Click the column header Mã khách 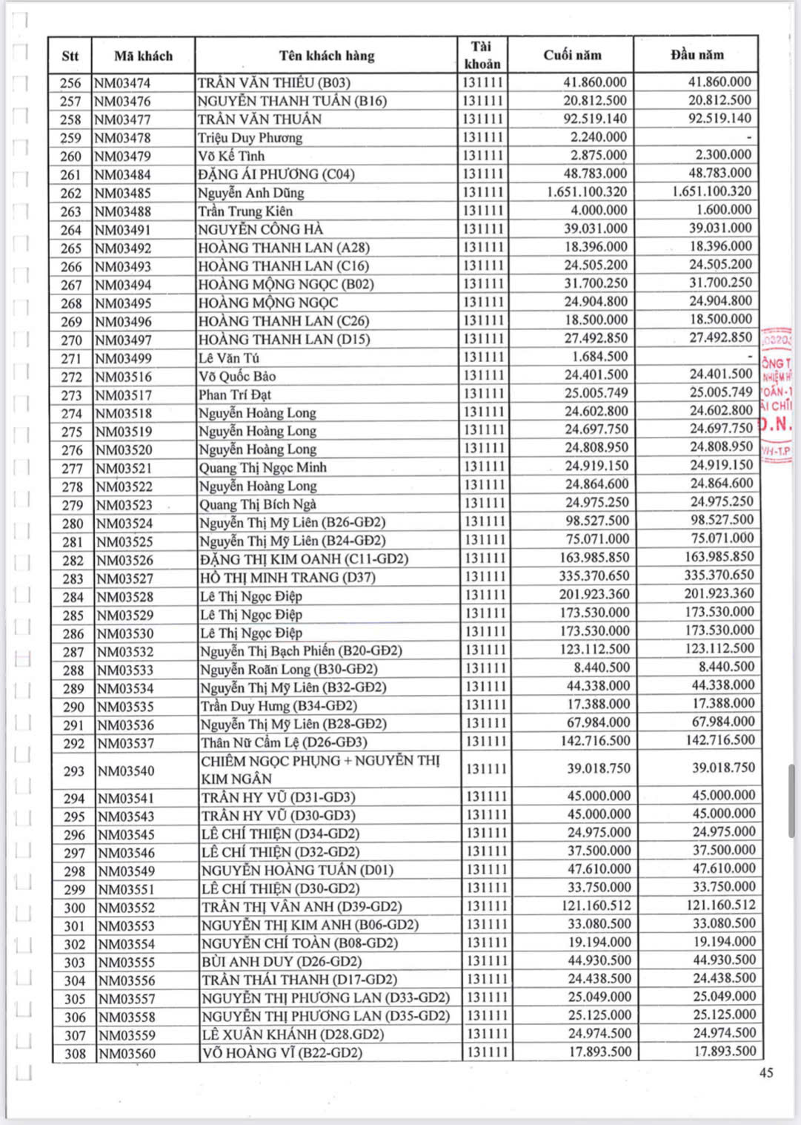(x=143, y=56)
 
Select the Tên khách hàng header (x=326, y=56)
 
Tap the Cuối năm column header (x=572, y=55)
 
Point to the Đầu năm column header (x=697, y=54)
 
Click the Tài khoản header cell (x=482, y=55)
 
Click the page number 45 (x=766, y=1072)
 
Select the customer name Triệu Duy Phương (x=250, y=138)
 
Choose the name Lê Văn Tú (x=229, y=358)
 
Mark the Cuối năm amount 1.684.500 (x=599, y=357)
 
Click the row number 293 (x=73, y=771)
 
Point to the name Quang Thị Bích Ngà (x=257, y=504)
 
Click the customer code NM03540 (x=126, y=771)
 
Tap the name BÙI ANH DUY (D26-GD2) (x=282, y=962)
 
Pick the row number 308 (x=74, y=1054)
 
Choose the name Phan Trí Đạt (x=234, y=395)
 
